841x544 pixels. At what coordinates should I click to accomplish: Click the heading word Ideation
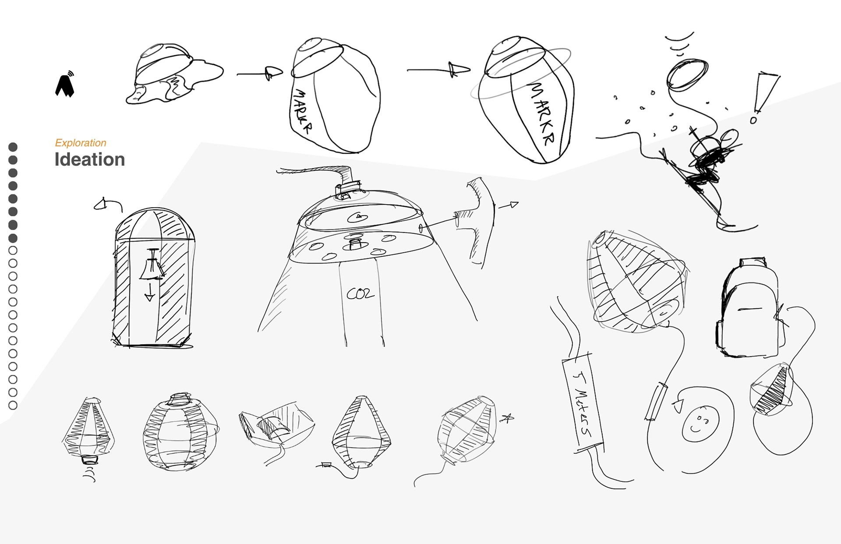click(x=90, y=160)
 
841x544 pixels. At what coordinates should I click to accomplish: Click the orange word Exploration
click(x=81, y=143)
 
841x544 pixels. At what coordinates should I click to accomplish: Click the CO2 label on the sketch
click(x=360, y=293)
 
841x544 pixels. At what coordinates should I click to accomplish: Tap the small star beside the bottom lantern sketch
click(x=507, y=419)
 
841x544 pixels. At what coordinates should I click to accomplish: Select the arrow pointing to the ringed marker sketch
click(x=442, y=70)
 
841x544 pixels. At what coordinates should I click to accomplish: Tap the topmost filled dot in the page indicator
click(x=13, y=147)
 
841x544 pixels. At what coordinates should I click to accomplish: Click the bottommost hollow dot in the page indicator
click(x=13, y=405)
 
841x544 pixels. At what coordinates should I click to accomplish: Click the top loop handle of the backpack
click(x=753, y=262)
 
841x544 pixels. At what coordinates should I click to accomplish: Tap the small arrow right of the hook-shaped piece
click(x=510, y=205)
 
